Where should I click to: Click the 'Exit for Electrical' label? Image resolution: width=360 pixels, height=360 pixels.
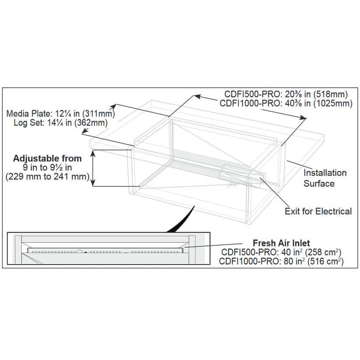[318, 212]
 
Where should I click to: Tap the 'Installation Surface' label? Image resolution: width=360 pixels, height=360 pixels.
[325, 178]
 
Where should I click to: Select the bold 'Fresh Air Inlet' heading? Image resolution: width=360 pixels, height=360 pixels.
[282, 243]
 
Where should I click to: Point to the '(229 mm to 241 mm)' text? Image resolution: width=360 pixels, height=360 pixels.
[47, 177]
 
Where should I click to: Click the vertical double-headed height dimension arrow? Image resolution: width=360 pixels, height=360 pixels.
[93, 168]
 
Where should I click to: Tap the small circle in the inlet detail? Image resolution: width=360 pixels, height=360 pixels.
[80, 252]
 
